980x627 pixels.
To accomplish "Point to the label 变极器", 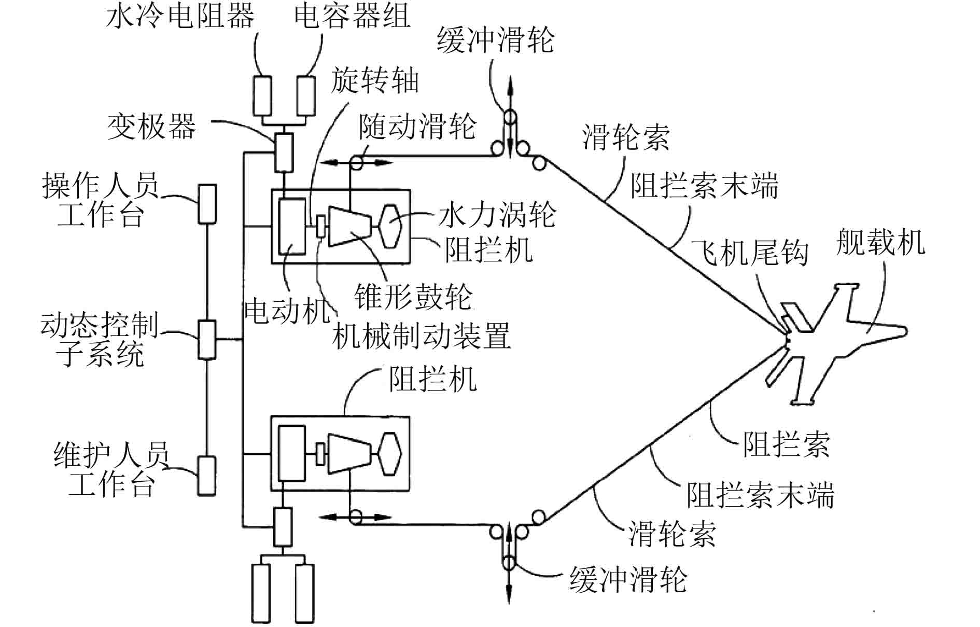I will click(151, 126).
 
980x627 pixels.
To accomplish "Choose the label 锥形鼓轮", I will click(413, 297).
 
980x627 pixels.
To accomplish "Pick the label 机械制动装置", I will click(421, 336).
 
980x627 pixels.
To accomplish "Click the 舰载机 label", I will click(880, 242).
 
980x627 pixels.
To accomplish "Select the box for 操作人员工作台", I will click(207, 204).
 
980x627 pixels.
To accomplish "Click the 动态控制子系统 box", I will click(207, 340).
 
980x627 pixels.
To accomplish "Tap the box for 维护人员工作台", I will click(206, 476).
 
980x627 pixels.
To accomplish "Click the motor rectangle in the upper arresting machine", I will click(292, 226).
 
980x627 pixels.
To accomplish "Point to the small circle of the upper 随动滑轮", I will click(357, 163).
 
